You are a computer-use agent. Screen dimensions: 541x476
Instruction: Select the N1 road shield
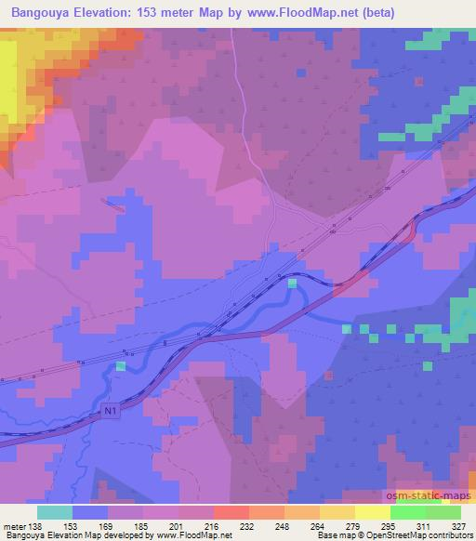110,410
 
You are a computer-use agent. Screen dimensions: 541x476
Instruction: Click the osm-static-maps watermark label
435,497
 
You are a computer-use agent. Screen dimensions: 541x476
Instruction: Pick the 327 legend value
446,526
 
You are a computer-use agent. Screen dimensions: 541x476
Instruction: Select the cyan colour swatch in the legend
55,513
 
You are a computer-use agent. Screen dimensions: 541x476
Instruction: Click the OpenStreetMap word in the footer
389,536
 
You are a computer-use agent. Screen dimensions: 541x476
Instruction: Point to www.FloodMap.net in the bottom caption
197,536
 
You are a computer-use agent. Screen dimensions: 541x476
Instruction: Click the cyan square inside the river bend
293,283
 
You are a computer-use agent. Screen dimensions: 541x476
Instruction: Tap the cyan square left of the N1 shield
121,367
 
